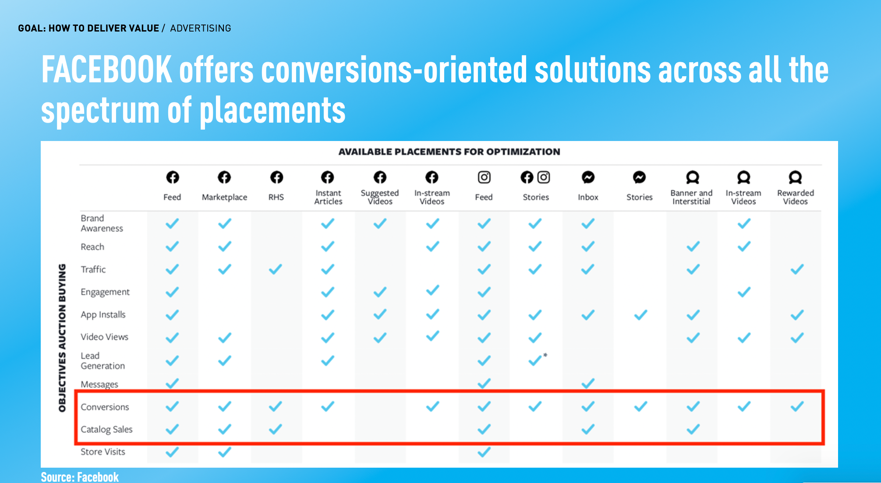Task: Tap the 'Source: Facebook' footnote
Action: tap(80, 476)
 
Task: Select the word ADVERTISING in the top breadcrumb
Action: tap(201, 28)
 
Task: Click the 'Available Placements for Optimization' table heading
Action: tap(449, 152)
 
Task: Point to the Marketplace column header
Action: tap(224, 197)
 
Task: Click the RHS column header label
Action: tap(276, 197)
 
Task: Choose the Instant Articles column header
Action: tap(328, 197)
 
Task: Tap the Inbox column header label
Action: tap(588, 197)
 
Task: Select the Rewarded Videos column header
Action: tap(796, 197)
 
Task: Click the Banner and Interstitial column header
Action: tap(691, 197)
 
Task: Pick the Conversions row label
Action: tap(105, 407)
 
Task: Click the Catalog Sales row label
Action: tap(106, 429)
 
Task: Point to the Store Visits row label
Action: tap(103, 451)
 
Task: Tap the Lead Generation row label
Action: tap(103, 360)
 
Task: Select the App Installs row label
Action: tap(103, 314)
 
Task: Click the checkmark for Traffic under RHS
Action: tap(276, 269)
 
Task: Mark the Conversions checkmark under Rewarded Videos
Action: tap(797, 406)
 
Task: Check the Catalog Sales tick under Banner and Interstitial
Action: tap(693, 429)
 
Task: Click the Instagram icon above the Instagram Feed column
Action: tap(484, 177)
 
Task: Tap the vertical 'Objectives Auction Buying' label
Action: tap(62, 338)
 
